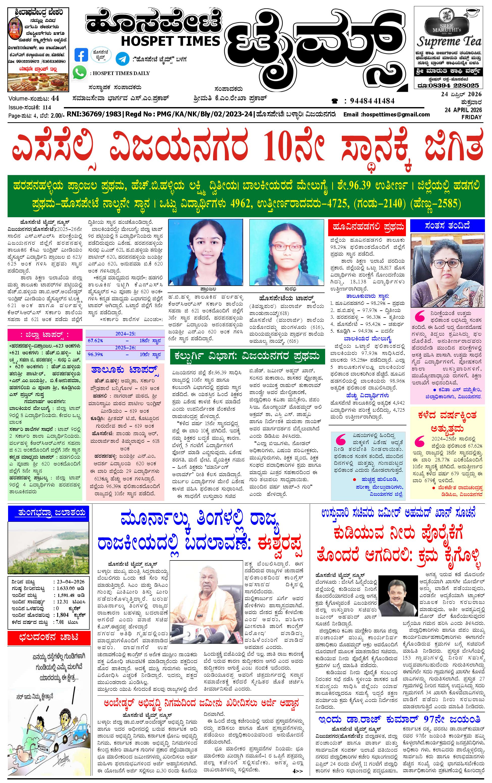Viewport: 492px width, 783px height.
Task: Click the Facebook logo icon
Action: click(81, 55)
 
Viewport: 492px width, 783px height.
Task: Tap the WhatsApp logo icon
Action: click(80, 72)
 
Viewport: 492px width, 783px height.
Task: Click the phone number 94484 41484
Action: click(372, 101)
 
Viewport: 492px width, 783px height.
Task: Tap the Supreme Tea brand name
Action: click(449, 42)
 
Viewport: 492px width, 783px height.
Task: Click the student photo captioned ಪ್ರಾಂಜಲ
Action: click(205, 253)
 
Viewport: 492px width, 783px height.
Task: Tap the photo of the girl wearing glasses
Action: click(287, 253)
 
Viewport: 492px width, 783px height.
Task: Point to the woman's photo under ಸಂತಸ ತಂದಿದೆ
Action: click(447, 271)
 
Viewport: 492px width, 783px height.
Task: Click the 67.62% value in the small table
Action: click(95, 340)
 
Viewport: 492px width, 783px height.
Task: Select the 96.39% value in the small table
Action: click(95, 354)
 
